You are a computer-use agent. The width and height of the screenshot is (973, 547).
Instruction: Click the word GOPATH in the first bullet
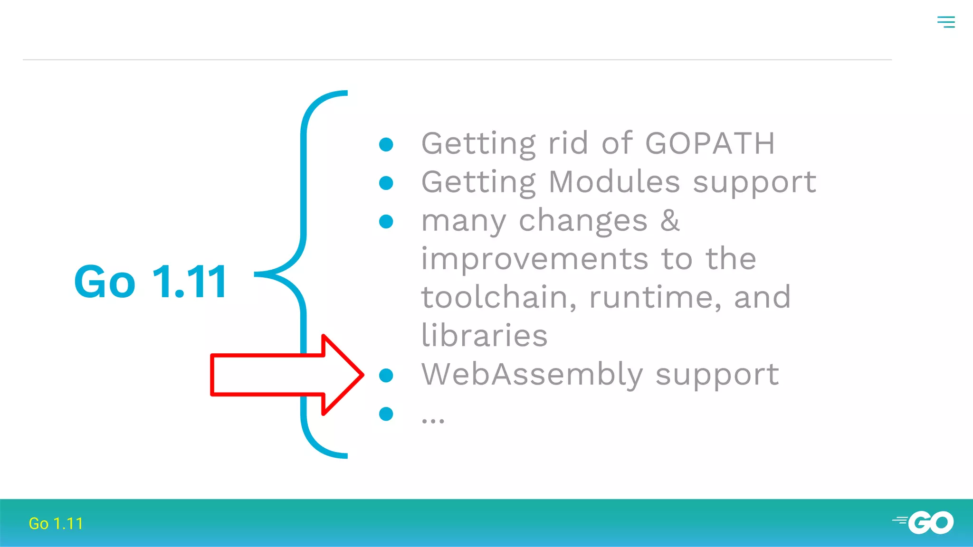pyautogui.click(x=710, y=143)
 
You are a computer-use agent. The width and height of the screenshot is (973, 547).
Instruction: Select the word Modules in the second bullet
pyautogui.click(x=615, y=182)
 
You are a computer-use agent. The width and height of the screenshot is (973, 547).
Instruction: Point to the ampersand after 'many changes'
pyautogui.click(x=670, y=220)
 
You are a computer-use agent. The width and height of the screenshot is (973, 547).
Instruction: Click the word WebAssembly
pyautogui.click(x=532, y=374)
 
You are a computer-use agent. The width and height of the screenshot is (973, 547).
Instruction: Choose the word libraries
pyautogui.click(x=485, y=336)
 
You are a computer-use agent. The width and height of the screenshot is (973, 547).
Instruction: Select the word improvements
pyautogui.click(x=535, y=259)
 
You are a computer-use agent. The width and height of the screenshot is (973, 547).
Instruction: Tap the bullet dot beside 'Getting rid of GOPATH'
pyautogui.click(x=386, y=144)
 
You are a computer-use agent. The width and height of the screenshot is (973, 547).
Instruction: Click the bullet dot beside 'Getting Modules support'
pyautogui.click(x=386, y=183)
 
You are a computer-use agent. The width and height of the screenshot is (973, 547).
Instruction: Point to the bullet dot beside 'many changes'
pyautogui.click(x=386, y=221)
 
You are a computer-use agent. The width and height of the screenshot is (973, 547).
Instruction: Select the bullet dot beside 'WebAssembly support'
pyautogui.click(x=386, y=375)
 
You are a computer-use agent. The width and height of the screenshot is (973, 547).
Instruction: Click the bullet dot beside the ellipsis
pyautogui.click(x=386, y=414)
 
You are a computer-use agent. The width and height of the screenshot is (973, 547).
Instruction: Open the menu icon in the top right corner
pyautogui.click(x=946, y=22)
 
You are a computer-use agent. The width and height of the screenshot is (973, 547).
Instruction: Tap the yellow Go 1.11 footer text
pyautogui.click(x=56, y=523)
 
